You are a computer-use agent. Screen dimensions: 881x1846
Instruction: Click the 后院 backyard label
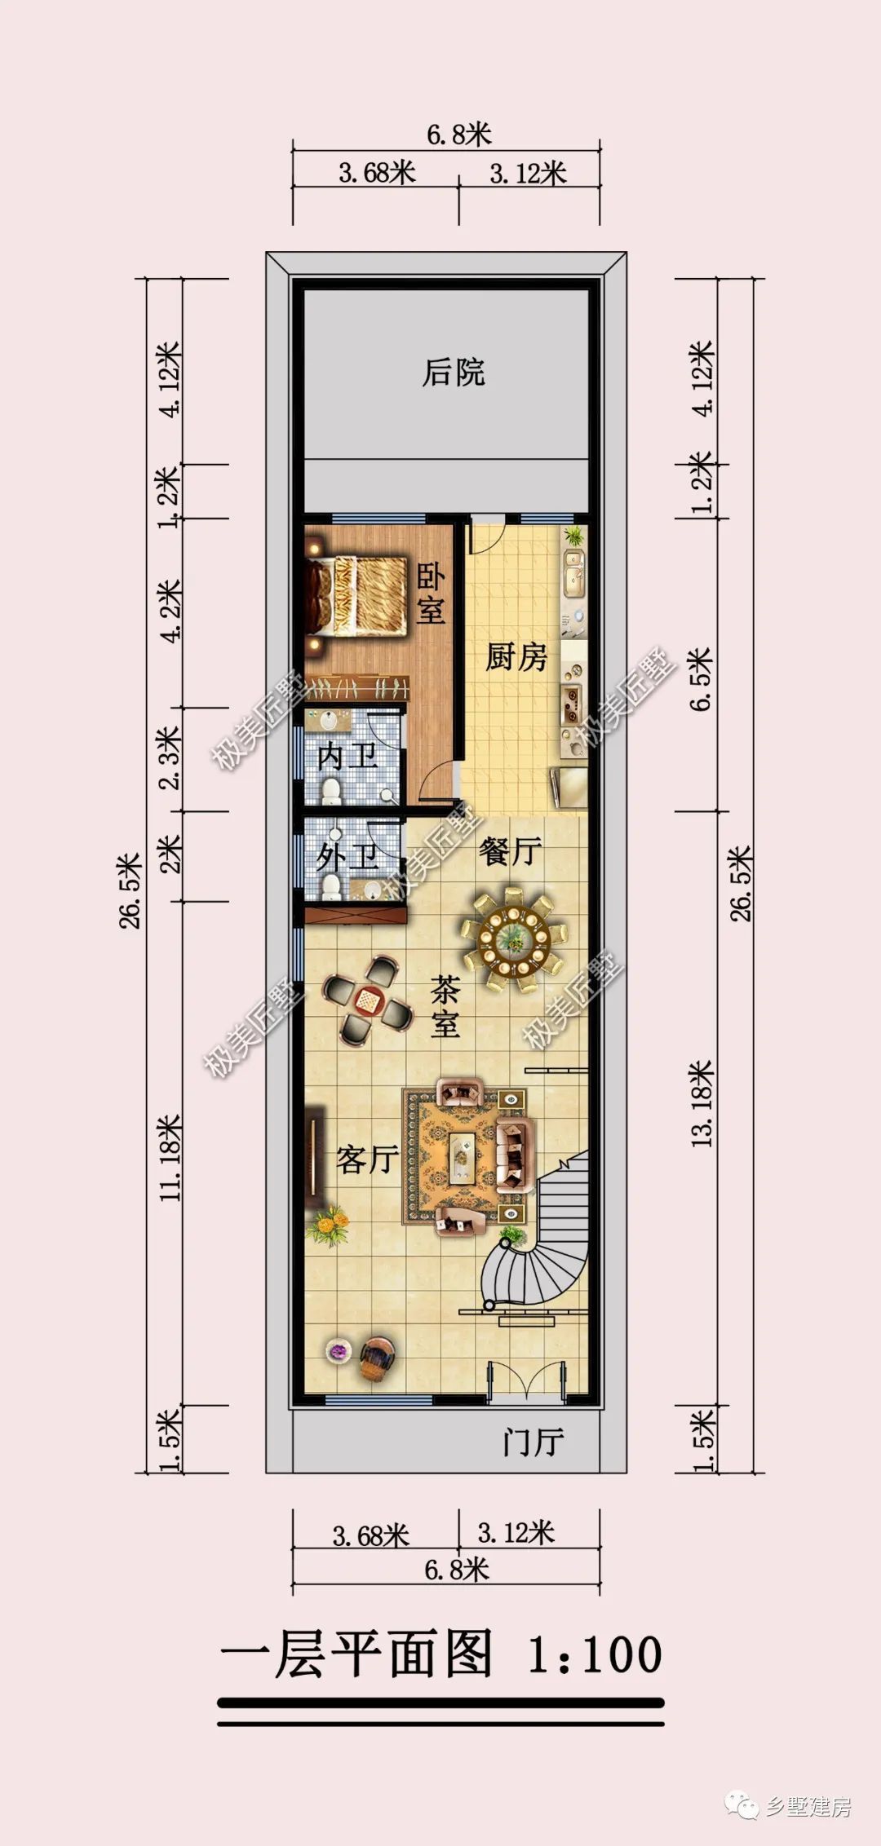coord(454,373)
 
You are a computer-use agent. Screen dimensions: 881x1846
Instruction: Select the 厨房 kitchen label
coord(516,657)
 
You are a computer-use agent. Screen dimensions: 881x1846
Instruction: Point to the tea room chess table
coord(368,1000)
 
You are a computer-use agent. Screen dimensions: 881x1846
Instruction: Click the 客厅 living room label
coord(368,1159)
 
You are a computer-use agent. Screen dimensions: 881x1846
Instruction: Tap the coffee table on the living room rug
coord(463,1156)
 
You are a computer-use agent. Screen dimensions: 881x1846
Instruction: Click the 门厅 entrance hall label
coord(533,1442)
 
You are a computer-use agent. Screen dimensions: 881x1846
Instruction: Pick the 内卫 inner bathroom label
coord(348,757)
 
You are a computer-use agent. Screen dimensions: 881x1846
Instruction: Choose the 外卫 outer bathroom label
coord(348,857)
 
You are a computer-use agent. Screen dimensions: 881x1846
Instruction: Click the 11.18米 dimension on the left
coord(170,1157)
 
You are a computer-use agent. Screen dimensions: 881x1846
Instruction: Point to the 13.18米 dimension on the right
coord(702,1103)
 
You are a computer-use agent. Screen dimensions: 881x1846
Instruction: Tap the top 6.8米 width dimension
coord(459,135)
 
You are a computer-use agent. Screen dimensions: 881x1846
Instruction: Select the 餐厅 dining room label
coord(511,852)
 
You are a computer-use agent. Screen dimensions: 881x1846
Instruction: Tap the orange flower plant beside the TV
coord(328,1226)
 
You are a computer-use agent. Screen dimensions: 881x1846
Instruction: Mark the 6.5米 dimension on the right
coord(702,679)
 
